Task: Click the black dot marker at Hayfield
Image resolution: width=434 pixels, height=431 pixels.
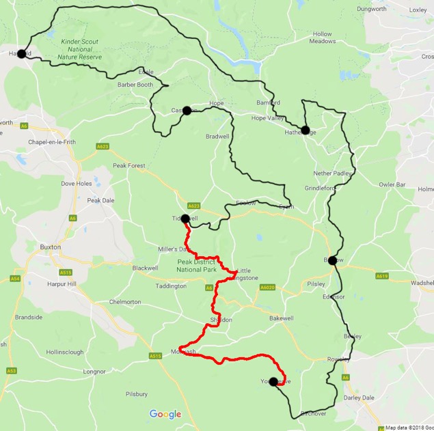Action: (21, 54)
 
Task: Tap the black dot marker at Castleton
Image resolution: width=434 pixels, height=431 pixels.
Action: (187, 110)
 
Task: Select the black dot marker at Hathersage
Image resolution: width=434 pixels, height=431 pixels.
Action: (305, 130)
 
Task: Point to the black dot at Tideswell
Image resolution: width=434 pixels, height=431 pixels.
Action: (185, 219)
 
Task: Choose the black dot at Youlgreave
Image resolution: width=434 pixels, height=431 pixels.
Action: (273, 382)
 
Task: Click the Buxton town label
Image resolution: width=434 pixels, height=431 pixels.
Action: (51, 247)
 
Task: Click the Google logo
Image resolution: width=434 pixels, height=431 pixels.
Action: (165, 414)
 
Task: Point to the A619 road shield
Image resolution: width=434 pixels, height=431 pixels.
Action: (381, 276)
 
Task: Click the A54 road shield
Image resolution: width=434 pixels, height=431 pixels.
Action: (15, 278)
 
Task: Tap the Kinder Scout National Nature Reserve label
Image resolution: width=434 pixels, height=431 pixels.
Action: (81, 50)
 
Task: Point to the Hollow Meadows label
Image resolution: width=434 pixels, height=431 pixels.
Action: (322, 38)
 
